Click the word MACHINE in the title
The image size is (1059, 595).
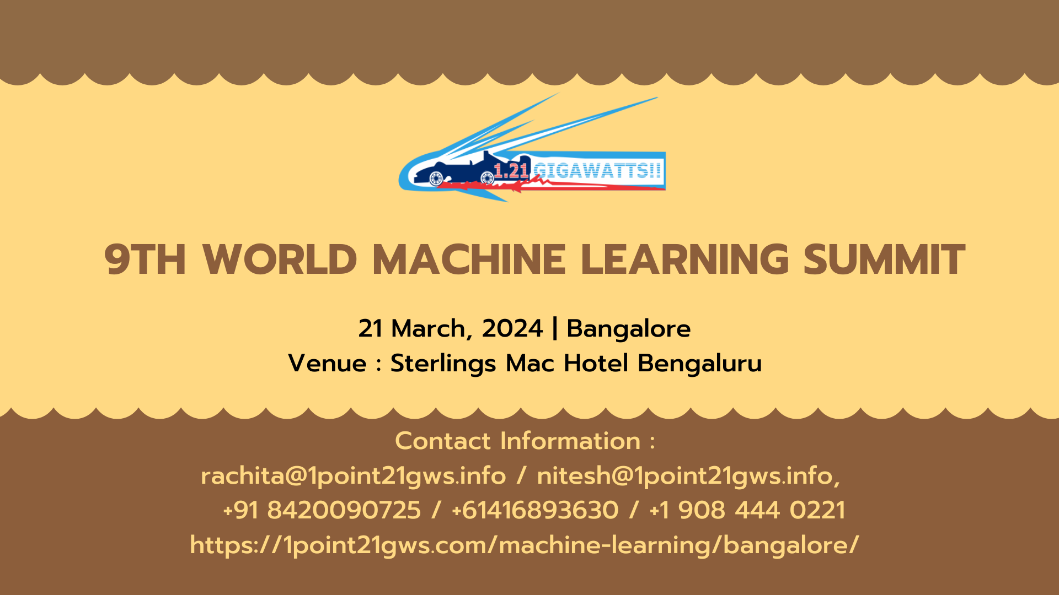point(468,259)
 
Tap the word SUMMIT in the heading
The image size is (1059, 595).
point(884,259)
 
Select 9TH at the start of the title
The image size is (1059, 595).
point(145,259)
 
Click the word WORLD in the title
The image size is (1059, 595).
point(280,259)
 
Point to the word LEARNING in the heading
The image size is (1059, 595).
point(684,259)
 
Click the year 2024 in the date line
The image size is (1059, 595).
point(512,328)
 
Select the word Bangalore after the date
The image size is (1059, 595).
point(628,328)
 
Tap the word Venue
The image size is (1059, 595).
point(327,363)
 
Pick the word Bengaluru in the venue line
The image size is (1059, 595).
point(699,363)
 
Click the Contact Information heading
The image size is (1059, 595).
point(525,441)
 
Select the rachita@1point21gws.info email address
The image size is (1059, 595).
point(353,475)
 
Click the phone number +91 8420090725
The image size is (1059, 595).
point(322,510)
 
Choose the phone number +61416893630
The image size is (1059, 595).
point(534,510)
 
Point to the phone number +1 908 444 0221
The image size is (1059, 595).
point(747,510)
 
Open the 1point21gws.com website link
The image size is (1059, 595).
point(524,545)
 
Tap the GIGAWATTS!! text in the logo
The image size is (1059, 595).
point(597,171)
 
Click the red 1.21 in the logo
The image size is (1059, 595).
point(511,171)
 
